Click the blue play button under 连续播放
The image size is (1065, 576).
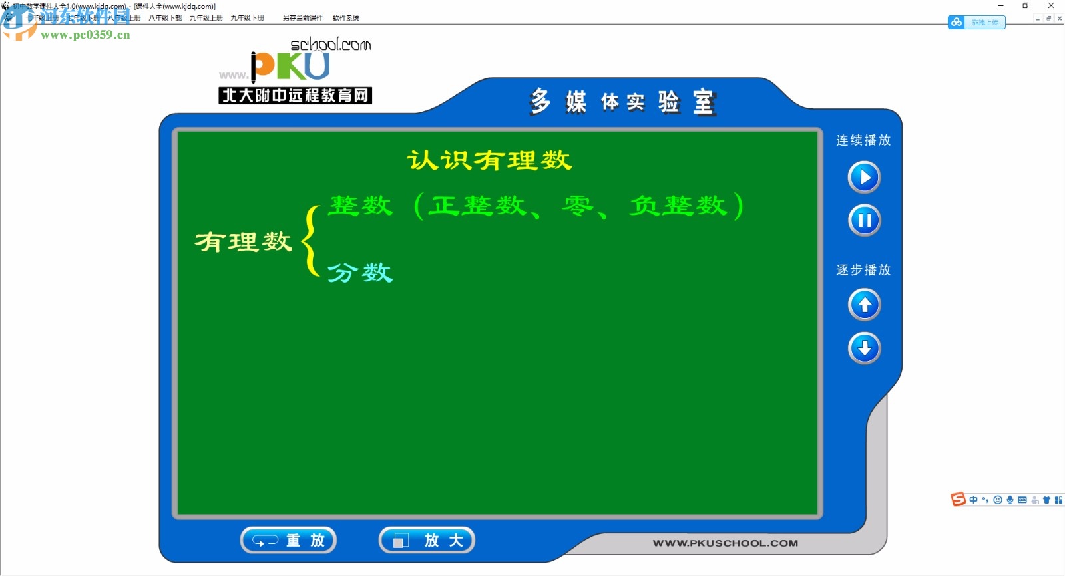pyautogui.click(x=864, y=177)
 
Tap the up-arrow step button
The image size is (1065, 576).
pyautogui.click(x=864, y=305)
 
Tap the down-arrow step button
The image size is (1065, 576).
pyautogui.click(x=864, y=348)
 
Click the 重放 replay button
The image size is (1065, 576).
pyautogui.click(x=288, y=540)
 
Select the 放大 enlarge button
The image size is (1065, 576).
pyautogui.click(x=427, y=540)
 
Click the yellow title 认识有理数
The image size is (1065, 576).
pyautogui.click(x=489, y=160)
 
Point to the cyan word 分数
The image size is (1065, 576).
pyautogui.click(x=360, y=273)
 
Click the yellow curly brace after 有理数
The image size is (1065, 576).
pyautogui.click(x=310, y=241)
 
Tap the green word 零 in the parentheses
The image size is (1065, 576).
pyautogui.click(x=576, y=206)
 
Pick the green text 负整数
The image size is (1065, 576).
pyautogui.click(x=678, y=206)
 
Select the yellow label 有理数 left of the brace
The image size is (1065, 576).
pyautogui.click(x=243, y=241)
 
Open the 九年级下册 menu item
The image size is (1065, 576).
pyautogui.click(x=247, y=18)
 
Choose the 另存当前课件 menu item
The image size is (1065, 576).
pyautogui.click(x=303, y=18)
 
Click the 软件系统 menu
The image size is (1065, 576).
pyautogui.click(x=346, y=18)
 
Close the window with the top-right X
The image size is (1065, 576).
pyautogui.click(x=1051, y=5)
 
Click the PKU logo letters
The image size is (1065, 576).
pyautogui.click(x=291, y=66)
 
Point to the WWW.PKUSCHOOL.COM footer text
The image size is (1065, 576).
pyautogui.click(x=725, y=543)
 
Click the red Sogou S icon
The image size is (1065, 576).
pyautogui.click(x=958, y=500)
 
